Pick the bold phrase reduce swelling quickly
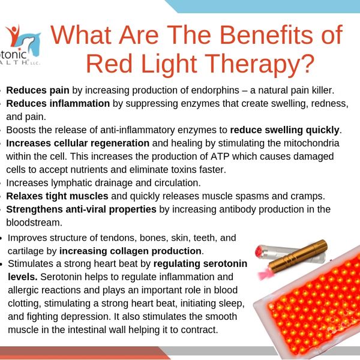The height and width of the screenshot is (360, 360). coord(285,130)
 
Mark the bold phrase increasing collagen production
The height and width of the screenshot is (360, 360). coord(131,250)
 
